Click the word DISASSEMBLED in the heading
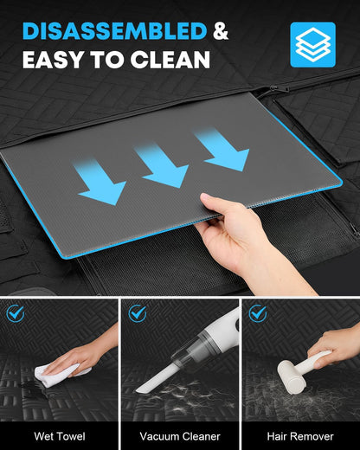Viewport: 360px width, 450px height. (115, 30)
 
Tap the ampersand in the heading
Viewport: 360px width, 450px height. (221, 30)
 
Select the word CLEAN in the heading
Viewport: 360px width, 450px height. (170, 60)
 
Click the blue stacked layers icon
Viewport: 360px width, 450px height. (312, 45)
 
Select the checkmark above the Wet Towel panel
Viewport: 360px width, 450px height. (16, 313)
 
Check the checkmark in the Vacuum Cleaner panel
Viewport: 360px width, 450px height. (138, 313)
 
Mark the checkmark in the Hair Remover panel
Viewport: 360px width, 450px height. (258, 313)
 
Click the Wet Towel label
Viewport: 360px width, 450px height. (60, 436)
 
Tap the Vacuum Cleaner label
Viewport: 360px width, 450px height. (180, 436)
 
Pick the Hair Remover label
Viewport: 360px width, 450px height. (300, 436)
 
